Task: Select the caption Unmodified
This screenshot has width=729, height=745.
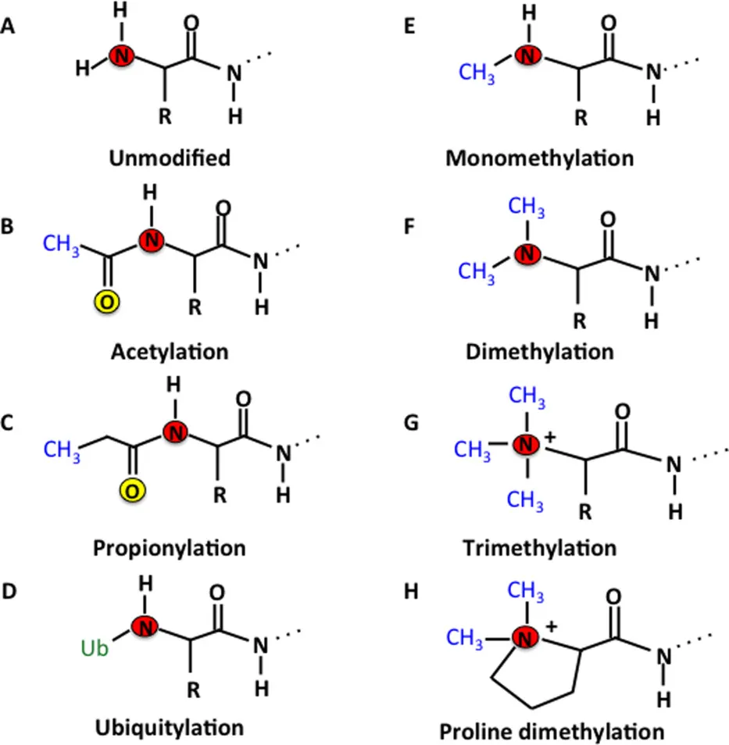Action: coord(170,158)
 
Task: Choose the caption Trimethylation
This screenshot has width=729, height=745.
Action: coord(539,547)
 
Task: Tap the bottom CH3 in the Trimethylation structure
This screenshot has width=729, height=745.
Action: coord(526,499)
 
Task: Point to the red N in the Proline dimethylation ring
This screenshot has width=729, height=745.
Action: coord(529,639)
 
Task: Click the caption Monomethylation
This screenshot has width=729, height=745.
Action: coord(539,158)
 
